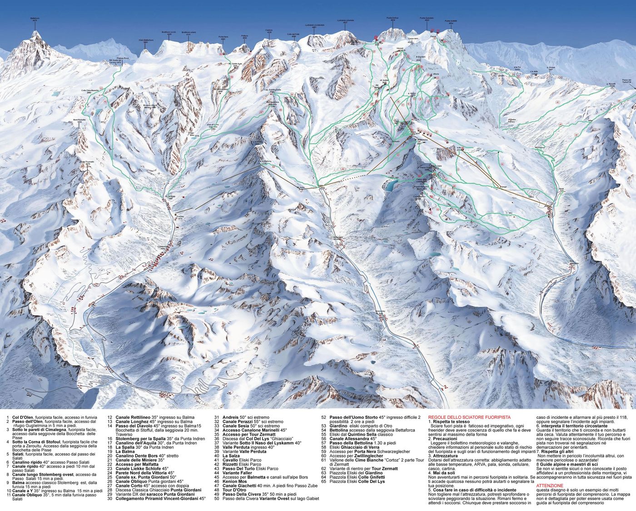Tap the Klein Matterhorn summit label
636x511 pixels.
146,41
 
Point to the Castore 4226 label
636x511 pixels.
268,31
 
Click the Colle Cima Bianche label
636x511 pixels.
90,90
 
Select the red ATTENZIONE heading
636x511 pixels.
549,486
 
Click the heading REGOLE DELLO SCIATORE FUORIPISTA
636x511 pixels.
469,417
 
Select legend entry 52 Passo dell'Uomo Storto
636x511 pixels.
359,417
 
